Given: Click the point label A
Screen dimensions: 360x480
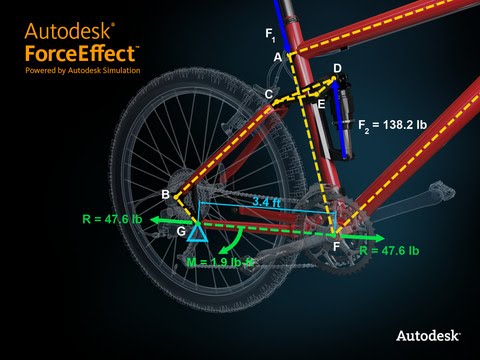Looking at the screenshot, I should (277, 58).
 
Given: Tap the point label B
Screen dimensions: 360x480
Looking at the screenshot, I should (166, 193).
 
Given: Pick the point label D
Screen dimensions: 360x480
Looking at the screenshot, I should (337, 68).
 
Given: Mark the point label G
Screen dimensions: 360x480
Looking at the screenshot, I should (181, 231).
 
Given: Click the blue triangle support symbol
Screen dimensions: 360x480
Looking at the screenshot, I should (197, 232).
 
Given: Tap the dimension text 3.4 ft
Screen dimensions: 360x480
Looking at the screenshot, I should (265, 202).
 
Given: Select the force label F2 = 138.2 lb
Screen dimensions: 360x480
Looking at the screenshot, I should (392, 126).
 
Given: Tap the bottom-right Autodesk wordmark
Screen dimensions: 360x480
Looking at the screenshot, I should (428, 336).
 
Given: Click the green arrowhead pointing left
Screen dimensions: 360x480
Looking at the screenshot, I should (159, 217).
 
